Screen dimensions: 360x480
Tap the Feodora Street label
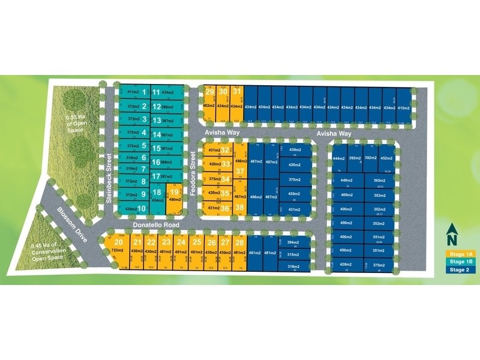point(193,169)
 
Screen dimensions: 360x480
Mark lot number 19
point(175,192)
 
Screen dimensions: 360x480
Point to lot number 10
point(142,208)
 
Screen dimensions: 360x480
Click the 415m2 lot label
point(405,107)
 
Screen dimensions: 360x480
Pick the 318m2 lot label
point(293,266)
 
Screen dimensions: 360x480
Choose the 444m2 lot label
point(338,159)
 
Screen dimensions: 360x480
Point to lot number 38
point(239,207)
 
